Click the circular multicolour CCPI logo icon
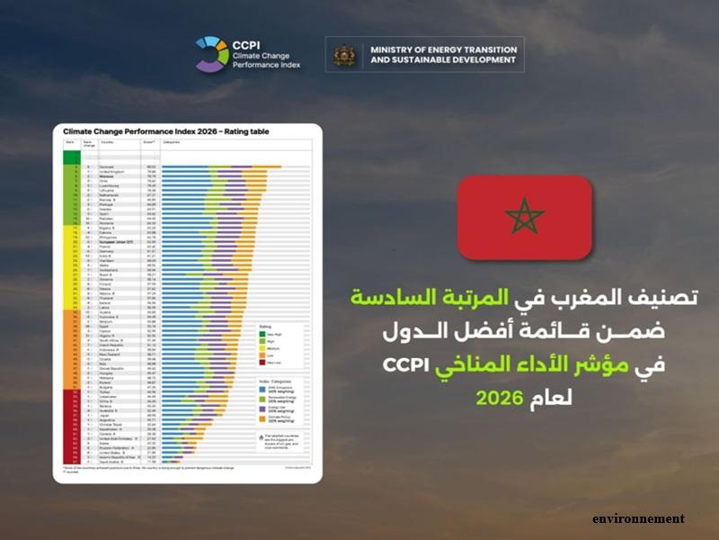pos(213,54)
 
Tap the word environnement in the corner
pos(637,519)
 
